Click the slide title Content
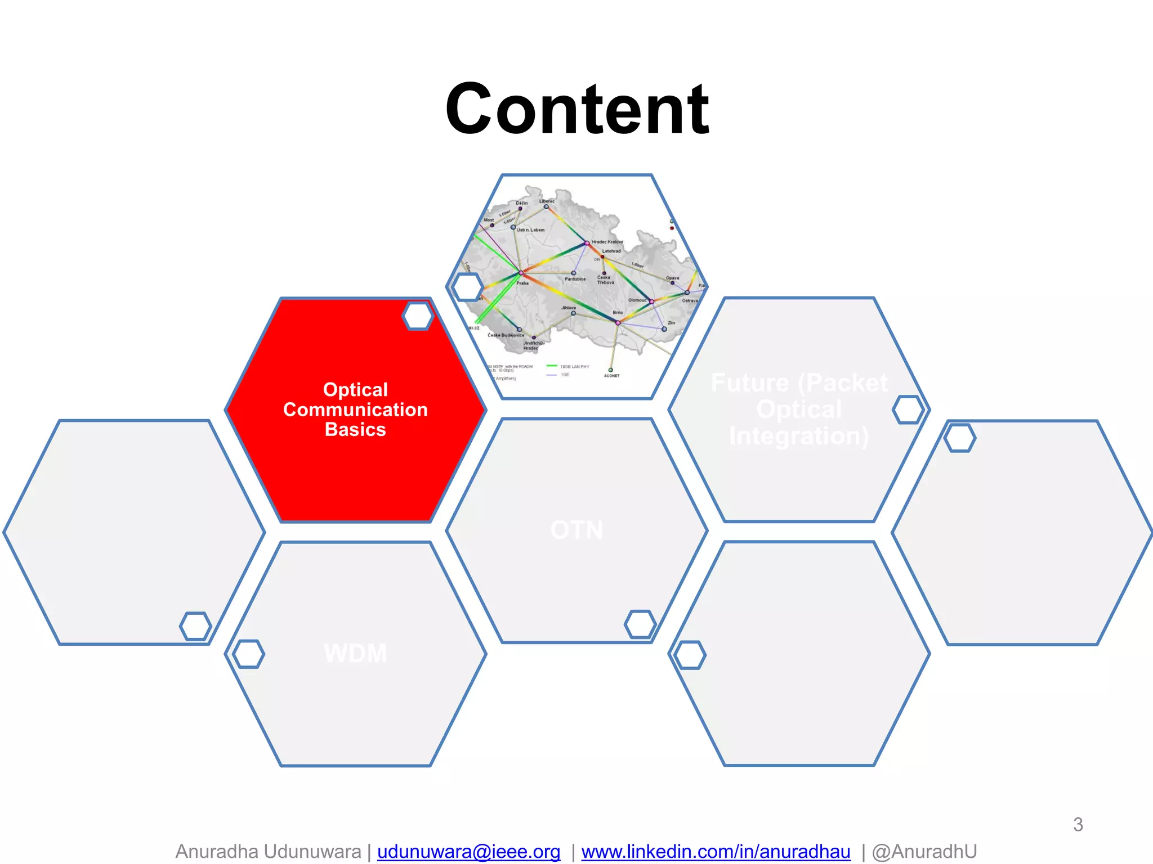click(576, 109)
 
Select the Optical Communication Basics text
click(355, 409)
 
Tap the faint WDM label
click(355, 654)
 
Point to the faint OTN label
click(576, 530)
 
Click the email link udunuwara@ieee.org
click(468, 852)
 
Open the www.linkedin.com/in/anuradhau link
click(716, 852)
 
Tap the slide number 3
click(1078, 825)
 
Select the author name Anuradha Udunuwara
click(268, 852)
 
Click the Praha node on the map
click(521, 273)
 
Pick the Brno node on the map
click(618, 322)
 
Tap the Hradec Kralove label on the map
click(607, 242)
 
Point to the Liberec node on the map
click(546, 206)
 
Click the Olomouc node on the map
click(651, 302)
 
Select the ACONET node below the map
click(610, 370)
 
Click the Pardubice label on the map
click(575, 279)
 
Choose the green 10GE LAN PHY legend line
click(552, 366)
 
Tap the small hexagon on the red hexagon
click(418, 316)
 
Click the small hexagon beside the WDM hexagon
click(248, 654)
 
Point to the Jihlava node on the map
click(573, 313)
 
